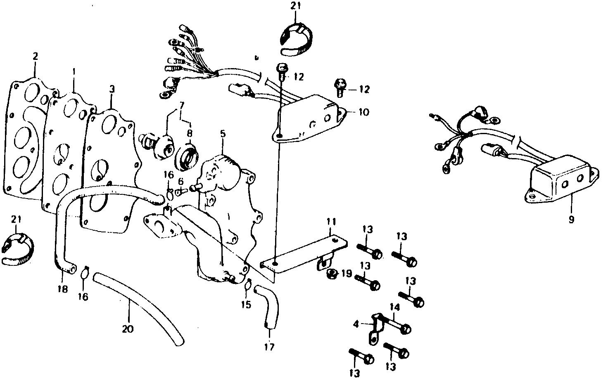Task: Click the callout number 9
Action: [x=571, y=220]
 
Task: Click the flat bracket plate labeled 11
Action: [x=306, y=254]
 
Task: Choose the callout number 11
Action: [x=331, y=222]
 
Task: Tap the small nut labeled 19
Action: [x=331, y=274]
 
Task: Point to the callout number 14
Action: [x=394, y=307]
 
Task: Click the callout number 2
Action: [x=36, y=57]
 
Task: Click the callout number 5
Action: [x=223, y=134]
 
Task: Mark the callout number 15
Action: [x=246, y=305]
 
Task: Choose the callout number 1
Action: [x=74, y=71]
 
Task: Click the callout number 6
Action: [x=180, y=181]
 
